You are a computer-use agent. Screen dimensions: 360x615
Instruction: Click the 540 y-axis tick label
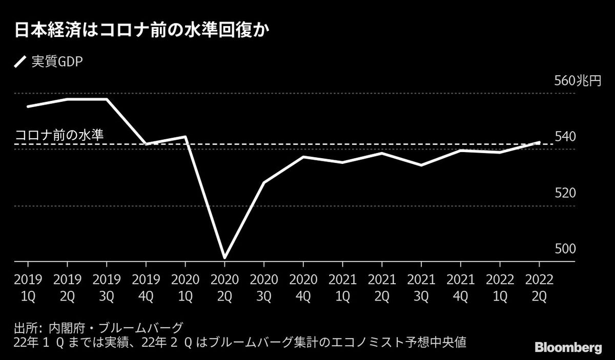pyautogui.click(x=565, y=137)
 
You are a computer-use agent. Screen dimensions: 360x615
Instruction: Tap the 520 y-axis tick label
pyautogui.click(x=565, y=193)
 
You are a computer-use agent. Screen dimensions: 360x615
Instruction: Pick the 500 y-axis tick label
pyautogui.click(x=565, y=249)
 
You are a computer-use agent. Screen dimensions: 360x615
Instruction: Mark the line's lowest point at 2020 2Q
pyautogui.click(x=224, y=257)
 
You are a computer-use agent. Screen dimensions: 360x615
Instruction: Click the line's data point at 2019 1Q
pyautogui.click(x=28, y=106)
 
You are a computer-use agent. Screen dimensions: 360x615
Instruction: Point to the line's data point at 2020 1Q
pyautogui.click(x=185, y=137)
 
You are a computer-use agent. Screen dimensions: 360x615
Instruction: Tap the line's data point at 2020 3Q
pyautogui.click(x=264, y=182)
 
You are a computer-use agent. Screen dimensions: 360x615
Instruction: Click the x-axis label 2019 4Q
pyautogui.click(x=146, y=288)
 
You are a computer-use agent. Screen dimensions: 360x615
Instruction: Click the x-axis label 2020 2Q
pyautogui.click(x=224, y=288)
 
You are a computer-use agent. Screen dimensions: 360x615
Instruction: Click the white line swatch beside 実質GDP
pyautogui.click(x=20, y=62)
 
